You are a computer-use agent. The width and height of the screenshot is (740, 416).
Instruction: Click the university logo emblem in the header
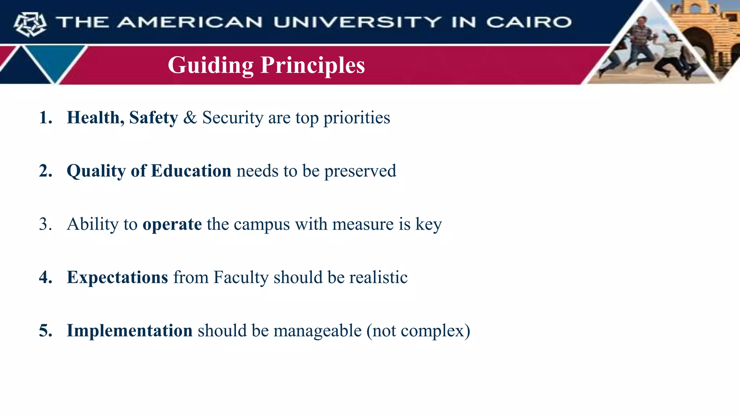pyautogui.click(x=30, y=24)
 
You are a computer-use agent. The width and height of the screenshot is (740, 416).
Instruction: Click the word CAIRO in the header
pyautogui.click(x=529, y=22)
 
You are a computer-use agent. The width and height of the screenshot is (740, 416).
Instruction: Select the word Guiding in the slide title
pyautogui.click(x=211, y=65)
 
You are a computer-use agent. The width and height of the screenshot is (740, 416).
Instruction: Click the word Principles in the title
pyautogui.click(x=313, y=65)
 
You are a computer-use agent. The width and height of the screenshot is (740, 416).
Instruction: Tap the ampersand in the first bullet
pyautogui.click(x=190, y=118)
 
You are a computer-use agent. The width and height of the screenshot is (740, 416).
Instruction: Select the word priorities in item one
pyautogui.click(x=357, y=118)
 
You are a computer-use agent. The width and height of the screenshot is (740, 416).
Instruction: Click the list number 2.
pyautogui.click(x=45, y=171)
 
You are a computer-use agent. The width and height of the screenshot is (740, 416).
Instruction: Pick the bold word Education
pyautogui.click(x=191, y=171)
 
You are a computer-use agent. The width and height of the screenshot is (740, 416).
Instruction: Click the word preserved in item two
pyautogui.click(x=360, y=171)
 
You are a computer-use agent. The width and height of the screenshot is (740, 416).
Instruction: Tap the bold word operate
pyautogui.click(x=172, y=224)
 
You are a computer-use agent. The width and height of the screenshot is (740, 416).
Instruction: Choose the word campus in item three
pyautogui.click(x=262, y=224)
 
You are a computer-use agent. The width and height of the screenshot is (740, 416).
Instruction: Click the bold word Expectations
pyautogui.click(x=117, y=277)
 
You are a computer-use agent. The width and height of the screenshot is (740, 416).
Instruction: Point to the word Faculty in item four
pyautogui.click(x=241, y=277)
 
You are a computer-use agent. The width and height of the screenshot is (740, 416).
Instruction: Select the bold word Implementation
pyautogui.click(x=129, y=330)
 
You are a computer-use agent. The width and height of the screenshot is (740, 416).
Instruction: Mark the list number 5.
pyautogui.click(x=45, y=330)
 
